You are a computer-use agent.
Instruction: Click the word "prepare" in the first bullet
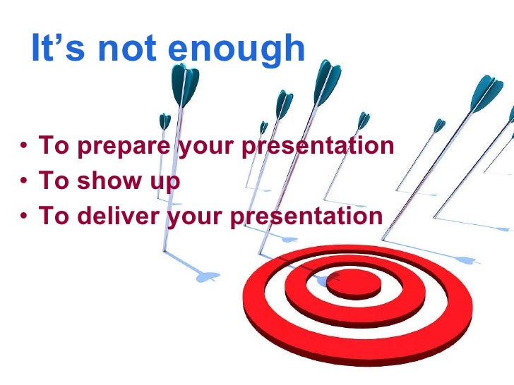pos(112,147)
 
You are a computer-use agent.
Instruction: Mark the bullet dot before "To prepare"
pos(25,147)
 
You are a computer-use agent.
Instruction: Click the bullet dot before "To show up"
pos(25,182)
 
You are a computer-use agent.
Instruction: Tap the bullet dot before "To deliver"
pos(25,216)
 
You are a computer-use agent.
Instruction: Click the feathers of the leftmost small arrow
pos(165,121)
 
